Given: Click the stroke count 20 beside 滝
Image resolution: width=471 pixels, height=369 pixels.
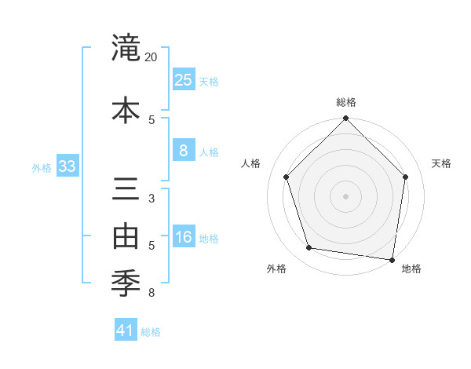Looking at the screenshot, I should click(152, 57).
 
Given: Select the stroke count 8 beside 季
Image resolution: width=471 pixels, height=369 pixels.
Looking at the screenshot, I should click(152, 294).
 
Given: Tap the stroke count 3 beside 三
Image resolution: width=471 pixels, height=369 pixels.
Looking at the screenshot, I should click(152, 199).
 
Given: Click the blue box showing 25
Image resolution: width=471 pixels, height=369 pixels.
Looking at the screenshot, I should click(183, 79).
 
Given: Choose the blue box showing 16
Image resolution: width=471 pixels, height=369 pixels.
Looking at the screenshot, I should click(183, 237).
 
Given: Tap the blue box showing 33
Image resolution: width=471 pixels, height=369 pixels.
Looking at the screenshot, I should click(67, 166).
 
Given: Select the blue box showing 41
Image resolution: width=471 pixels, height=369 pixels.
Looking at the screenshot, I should click(126, 331).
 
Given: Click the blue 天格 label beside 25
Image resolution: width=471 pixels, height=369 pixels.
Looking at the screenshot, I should click(209, 82).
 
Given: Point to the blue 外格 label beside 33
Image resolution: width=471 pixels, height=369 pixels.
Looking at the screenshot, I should click(42, 168).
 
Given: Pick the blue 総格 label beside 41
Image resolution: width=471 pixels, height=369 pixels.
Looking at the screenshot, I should click(151, 332).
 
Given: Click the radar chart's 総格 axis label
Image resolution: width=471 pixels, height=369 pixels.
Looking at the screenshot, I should click(345, 103).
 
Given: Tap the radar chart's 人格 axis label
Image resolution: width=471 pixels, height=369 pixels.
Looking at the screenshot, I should click(251, 163).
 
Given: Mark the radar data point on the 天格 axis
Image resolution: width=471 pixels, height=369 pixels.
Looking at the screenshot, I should click(405, 177).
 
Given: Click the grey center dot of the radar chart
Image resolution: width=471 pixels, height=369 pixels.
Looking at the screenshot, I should click(345, 195).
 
